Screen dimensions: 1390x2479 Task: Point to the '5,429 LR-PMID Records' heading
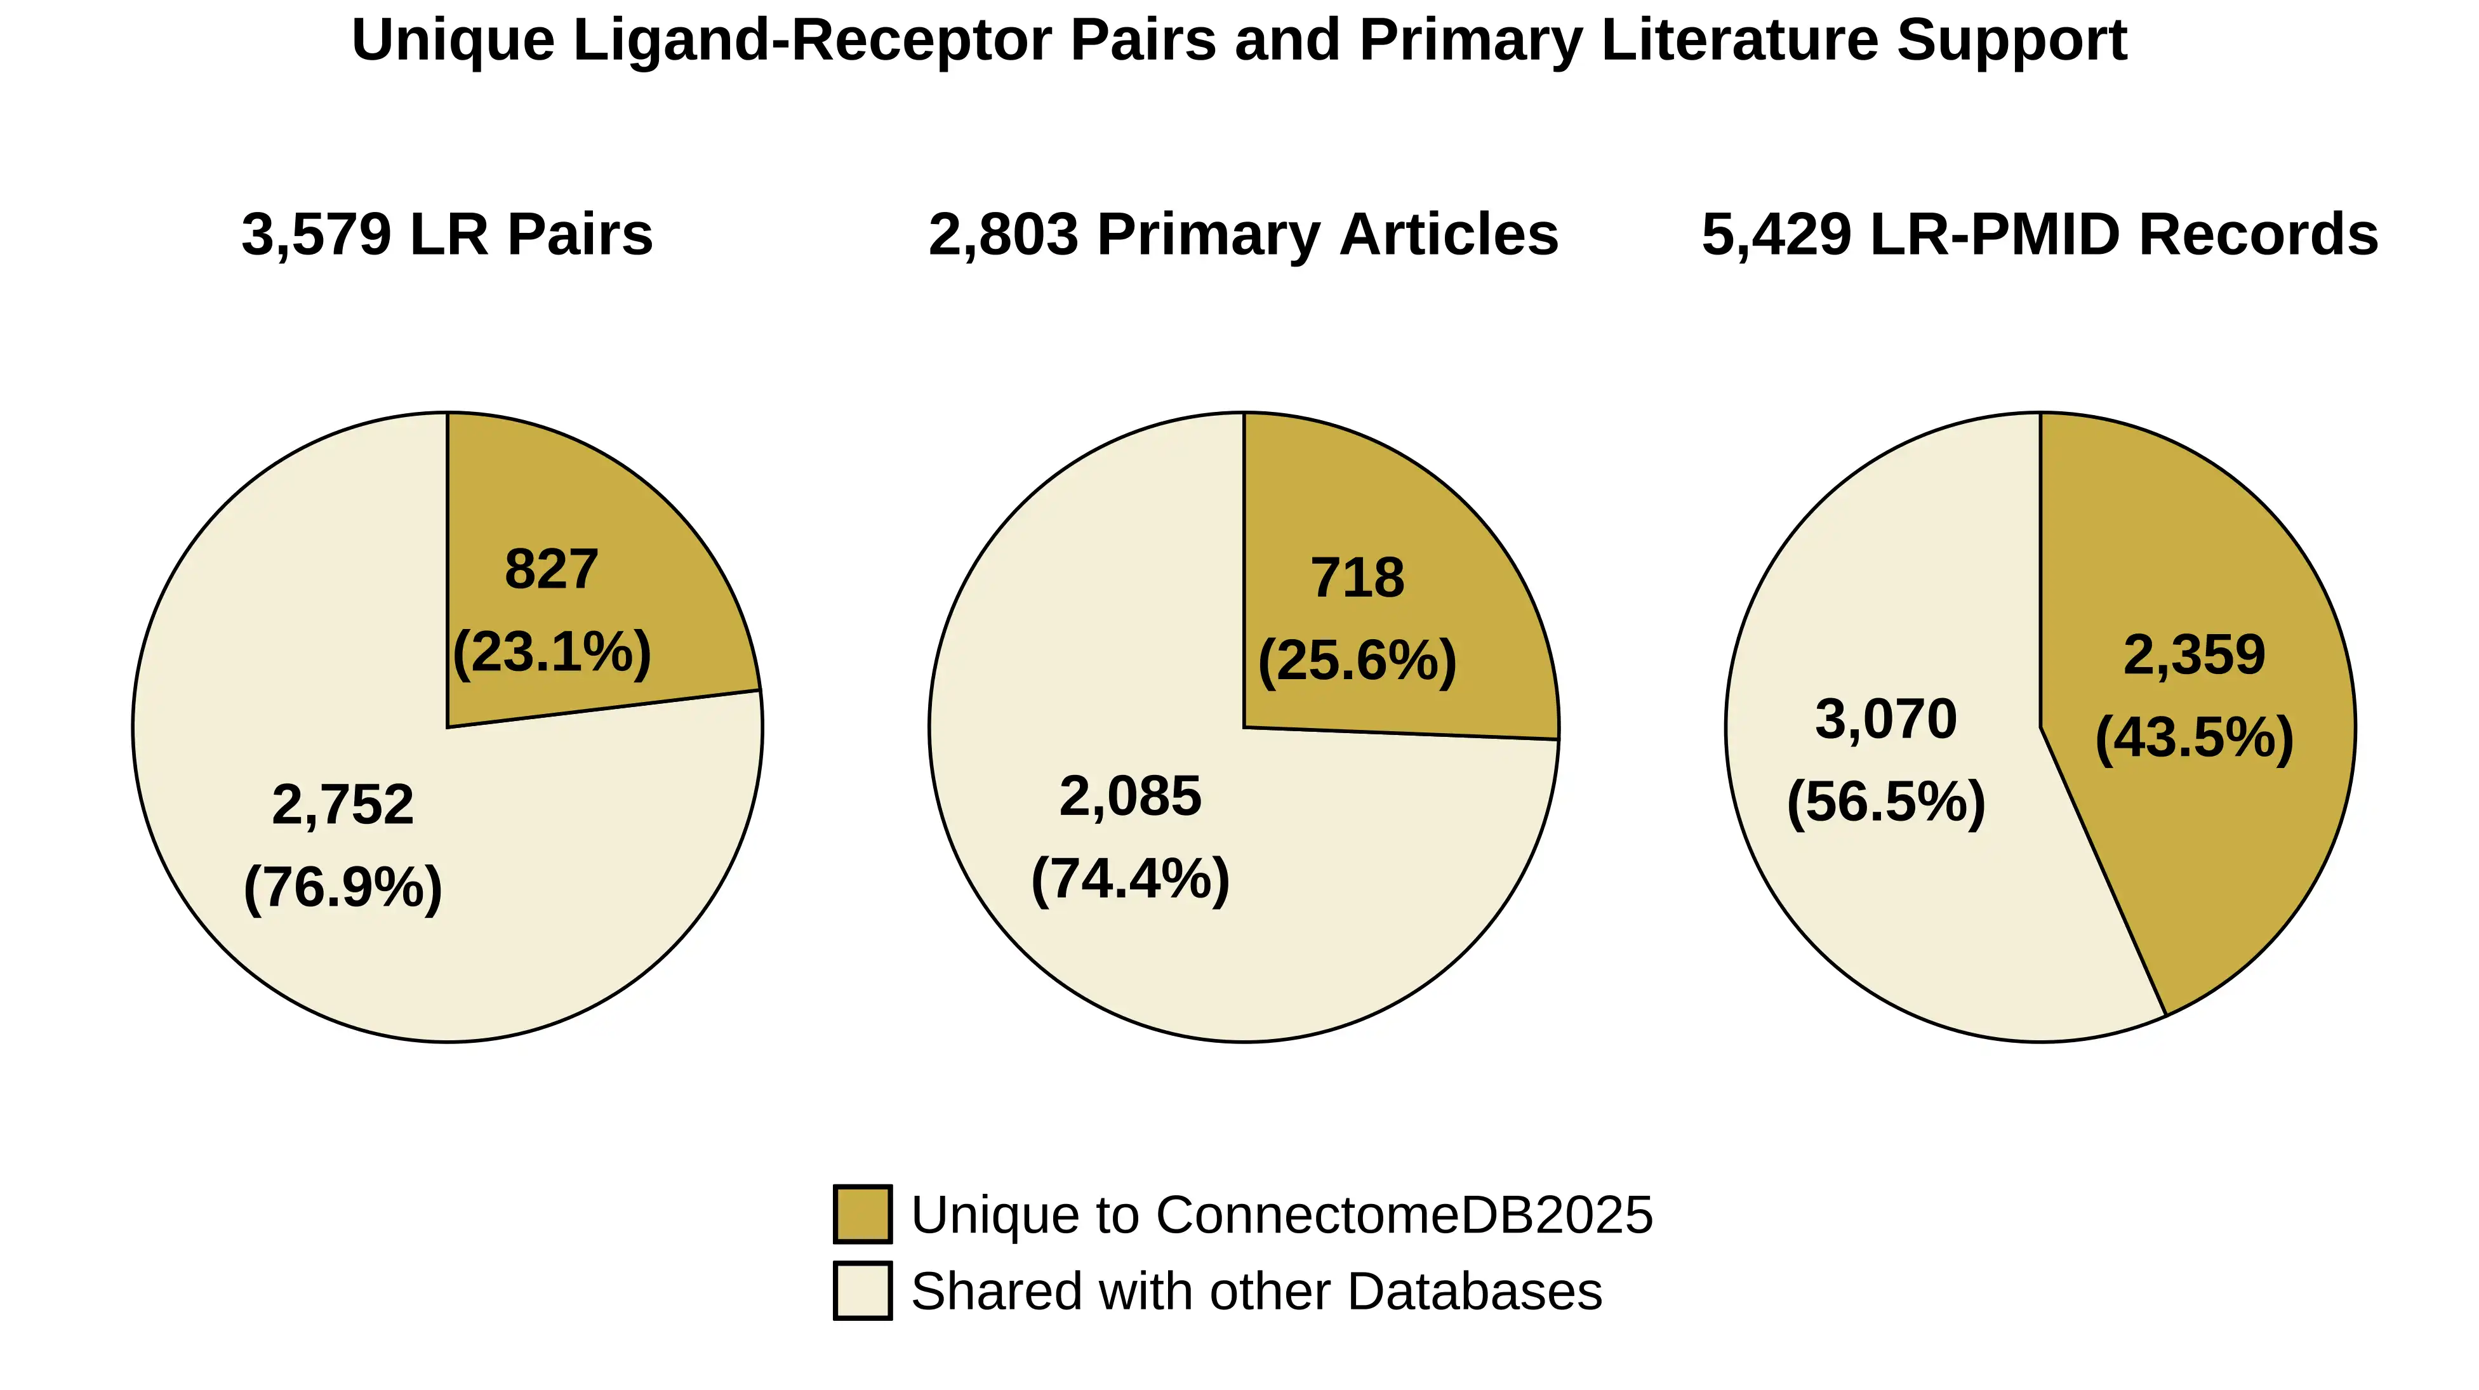[x=2039, y=235]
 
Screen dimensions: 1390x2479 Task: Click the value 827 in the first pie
[x=552, y=569]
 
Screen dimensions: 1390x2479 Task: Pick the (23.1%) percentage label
[x=552, y=652]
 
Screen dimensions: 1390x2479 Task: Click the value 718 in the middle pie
[x=1357, y=578]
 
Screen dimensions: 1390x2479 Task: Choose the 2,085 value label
[x=1130, y=797]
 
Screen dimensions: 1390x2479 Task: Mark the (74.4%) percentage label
[x=1130, y=879]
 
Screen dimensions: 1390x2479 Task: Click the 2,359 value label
[x=2194, y=655]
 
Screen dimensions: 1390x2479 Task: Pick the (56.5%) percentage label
[x=1885, y=802]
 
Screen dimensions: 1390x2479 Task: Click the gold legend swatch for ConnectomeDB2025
[x=862, y=1214]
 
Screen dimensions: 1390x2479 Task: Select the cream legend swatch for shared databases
[x=862, y=1290]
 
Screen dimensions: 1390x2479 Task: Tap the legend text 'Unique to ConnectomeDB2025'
[x=1281, y=1214]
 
